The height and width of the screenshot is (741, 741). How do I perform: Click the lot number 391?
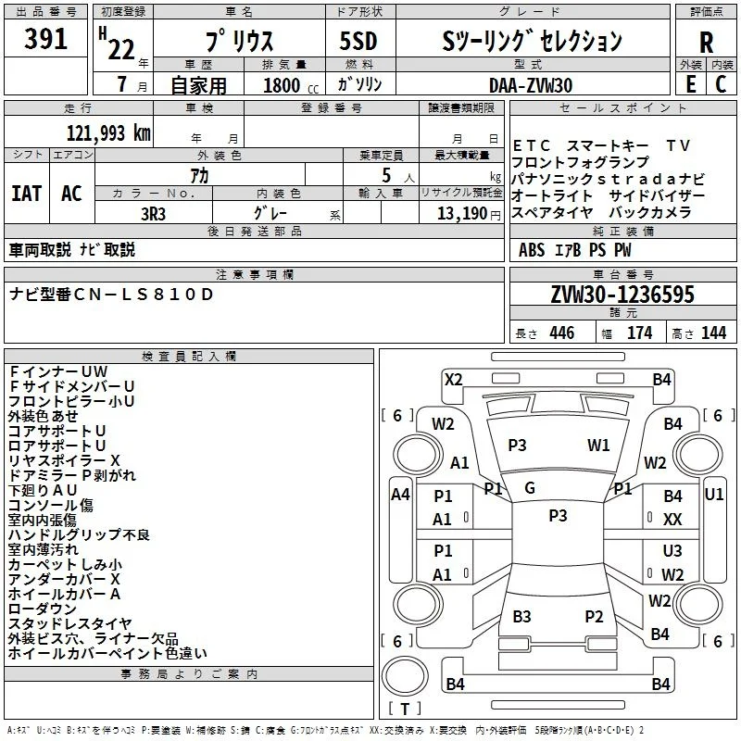click(x=45, y=39)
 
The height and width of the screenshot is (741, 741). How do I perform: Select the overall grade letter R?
click(x=706, y=43)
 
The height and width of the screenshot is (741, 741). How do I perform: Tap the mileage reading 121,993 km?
click(x=108, y=133)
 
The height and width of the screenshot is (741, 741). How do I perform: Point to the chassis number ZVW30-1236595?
click(x=622, y=294)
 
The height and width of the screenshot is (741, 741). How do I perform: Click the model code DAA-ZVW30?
click(x=531, y=85)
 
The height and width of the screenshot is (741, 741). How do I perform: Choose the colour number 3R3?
click(x=153, y=214)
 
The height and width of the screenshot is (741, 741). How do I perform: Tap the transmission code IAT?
click(x=27, y=194)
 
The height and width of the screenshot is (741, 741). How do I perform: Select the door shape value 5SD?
click(x=358, y=41)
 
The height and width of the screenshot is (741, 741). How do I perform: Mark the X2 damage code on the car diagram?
click(x=453, y=380)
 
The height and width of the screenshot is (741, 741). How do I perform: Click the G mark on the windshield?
click(x=530, y=488)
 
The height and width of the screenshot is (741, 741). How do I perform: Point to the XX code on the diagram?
click(x=672, y=520)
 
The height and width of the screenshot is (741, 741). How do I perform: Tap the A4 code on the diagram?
click(x=400, y=495)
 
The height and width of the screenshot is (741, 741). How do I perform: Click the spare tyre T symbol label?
click(x=405, y=709)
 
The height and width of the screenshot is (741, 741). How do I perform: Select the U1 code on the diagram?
click(x=713, y=495)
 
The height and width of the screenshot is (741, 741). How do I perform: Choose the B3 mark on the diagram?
click(x=521, y=616)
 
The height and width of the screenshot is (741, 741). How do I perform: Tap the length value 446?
click(x=562, y=333)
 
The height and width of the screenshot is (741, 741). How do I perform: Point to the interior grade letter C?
click(x=721, y=84)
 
